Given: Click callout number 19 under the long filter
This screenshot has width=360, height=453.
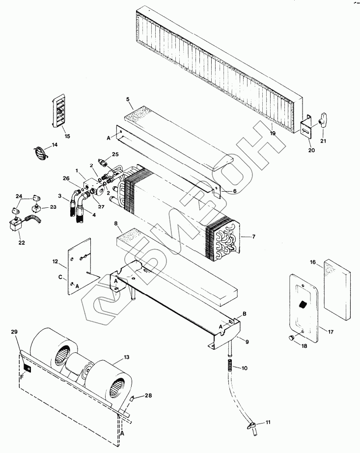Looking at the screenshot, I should [x=272, y=133].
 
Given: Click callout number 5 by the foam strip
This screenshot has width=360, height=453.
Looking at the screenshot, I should [x=128, y=99].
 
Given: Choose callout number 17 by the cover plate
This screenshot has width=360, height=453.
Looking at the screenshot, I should [x=330, y=332].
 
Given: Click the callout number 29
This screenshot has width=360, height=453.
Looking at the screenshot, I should [x=14, y=333].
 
